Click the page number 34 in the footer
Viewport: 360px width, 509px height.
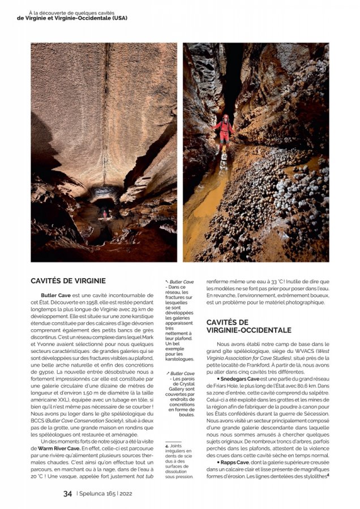[x=67, y=493]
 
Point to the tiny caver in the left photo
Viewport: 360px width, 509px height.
[x=104, y=213]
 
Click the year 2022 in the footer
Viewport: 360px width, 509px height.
[x=126, y=493]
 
